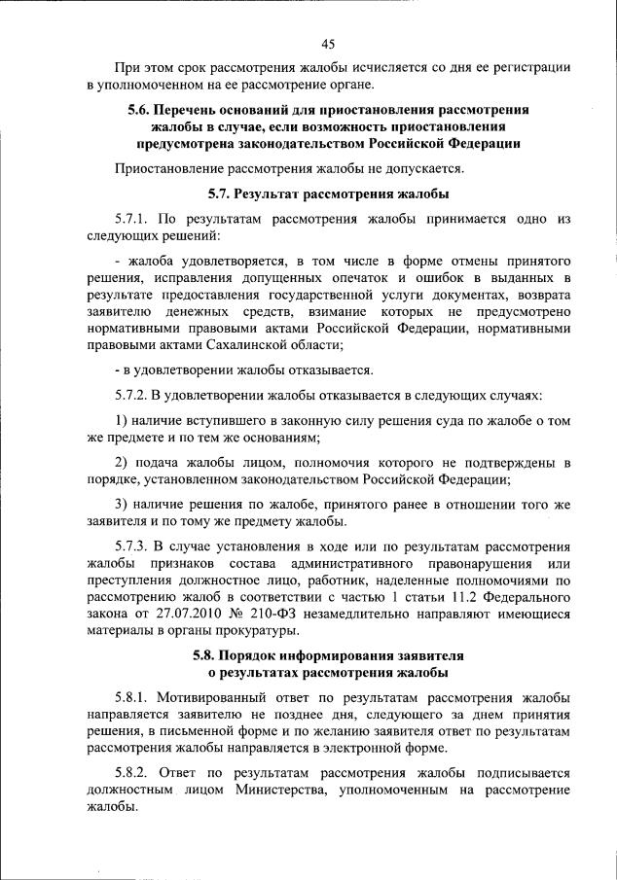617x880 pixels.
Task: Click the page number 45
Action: pyautogui.click(x=328, y=43)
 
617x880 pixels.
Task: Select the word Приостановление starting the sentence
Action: pyautogui.click(x=171, y=167)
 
